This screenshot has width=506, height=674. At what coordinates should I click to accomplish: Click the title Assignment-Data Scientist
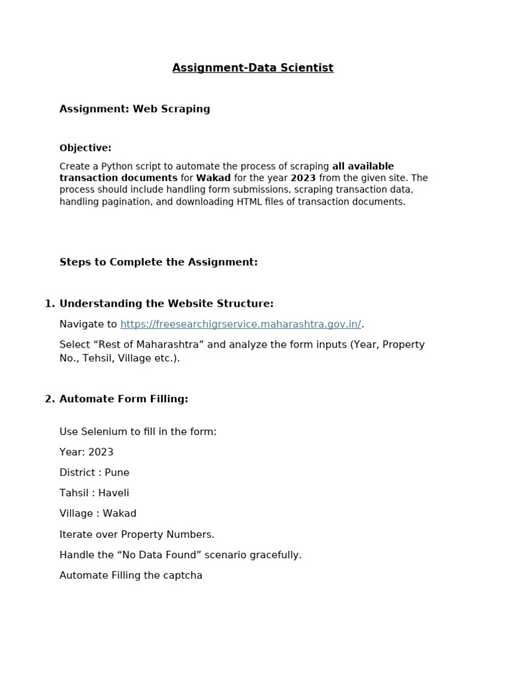[253, 68]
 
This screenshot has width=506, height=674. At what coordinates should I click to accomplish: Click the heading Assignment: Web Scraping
[134, 109]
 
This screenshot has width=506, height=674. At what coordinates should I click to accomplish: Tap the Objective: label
[86, 148]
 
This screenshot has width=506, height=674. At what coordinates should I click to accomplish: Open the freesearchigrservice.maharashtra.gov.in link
[240, 324]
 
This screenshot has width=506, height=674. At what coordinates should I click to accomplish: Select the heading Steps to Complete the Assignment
[158, 262]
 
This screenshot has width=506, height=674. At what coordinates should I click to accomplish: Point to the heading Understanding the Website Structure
[166, 303]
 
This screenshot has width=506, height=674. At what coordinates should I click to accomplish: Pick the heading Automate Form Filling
[124, 399]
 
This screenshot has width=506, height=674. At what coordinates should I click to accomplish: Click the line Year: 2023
[86, 452]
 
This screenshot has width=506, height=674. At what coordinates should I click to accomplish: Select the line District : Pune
[94, 473]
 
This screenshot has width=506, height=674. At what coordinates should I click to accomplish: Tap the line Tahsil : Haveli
[94, 493]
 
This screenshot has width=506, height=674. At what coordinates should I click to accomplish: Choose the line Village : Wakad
[98, 513]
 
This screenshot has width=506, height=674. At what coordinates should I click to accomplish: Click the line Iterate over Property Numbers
[136, 534]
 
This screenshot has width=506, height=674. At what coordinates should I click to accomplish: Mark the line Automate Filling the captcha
[130, 575]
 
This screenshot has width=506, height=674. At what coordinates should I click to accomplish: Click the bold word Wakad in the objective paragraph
[213, 178]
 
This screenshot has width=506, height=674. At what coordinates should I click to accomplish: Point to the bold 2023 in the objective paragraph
[303, 178]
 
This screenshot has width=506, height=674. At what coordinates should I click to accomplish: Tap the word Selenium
[100, 432]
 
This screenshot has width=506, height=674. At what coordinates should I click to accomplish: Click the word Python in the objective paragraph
[114, 167]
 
